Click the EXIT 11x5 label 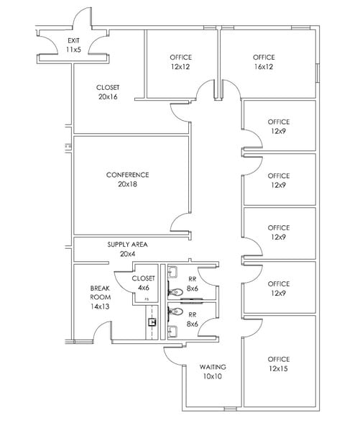tap(73, 45)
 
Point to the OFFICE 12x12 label tap(181, 61)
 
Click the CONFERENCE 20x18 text tap(127, 179)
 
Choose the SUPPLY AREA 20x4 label tap(127, 249)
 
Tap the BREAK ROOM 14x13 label tap(100, 296)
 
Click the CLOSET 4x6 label tap(144, 283)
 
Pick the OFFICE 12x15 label tap(279, 363)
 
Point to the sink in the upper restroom tap(173, 273)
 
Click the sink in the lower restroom tap(173, 330)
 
